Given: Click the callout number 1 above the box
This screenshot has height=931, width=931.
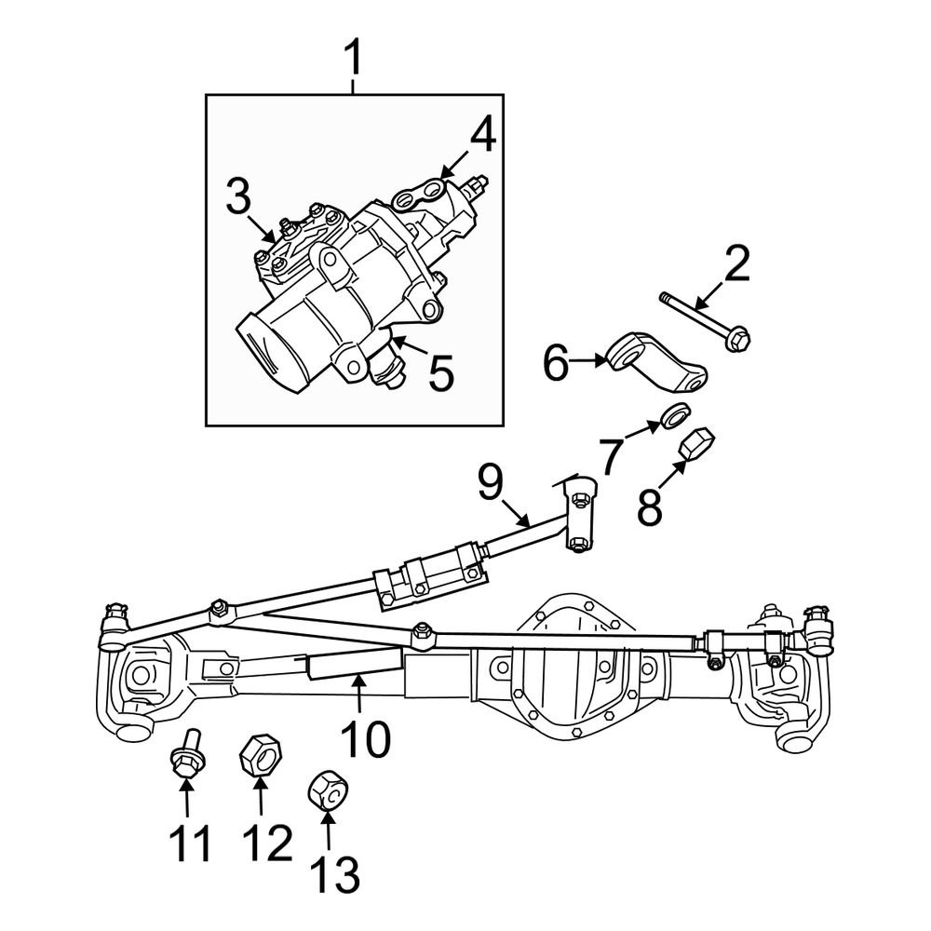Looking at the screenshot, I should [353, 60].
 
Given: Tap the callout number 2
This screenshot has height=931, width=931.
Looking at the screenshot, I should [735, 265].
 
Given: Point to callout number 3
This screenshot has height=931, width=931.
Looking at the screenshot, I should [238, 196].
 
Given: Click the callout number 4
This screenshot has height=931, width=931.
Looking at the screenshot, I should [482, 136].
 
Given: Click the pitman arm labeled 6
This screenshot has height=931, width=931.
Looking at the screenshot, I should [657, 364].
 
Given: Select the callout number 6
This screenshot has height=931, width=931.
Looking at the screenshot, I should [556, 364].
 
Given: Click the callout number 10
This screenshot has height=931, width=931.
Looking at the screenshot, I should [365, 740].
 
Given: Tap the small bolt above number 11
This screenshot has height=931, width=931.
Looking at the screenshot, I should [184, 757].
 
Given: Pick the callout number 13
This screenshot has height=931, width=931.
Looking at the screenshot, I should [332, 874].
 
